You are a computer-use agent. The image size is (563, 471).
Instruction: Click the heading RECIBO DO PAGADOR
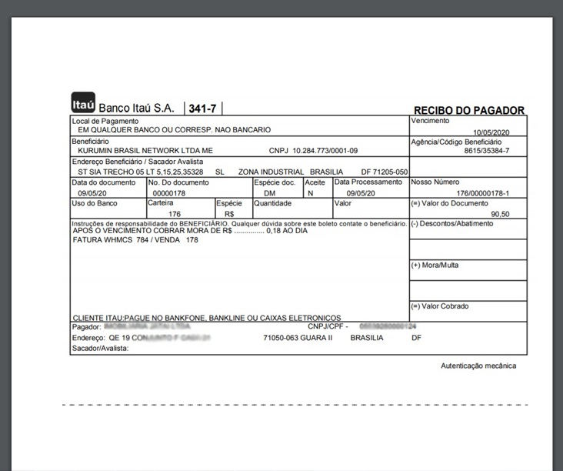(x=469, y=111)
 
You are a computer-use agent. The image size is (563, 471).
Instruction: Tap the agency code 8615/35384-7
(x=487, y=151)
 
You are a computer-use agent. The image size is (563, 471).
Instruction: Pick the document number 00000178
(x=170, y=193)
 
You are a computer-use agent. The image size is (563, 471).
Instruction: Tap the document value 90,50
(x=500, y=214)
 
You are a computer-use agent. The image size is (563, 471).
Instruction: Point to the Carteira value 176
(x=174, y=214)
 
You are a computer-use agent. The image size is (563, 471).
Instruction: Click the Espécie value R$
(x=229, y=214)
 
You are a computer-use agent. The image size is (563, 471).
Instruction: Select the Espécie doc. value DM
(x=269, y=193)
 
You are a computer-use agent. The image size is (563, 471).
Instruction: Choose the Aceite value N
(x=310, y=193)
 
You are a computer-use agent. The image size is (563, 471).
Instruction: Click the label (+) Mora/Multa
(x=435, y=265)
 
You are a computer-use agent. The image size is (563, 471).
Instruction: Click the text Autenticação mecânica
(x=478, y=366)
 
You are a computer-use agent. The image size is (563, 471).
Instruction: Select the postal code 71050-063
(x=282, y=338)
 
